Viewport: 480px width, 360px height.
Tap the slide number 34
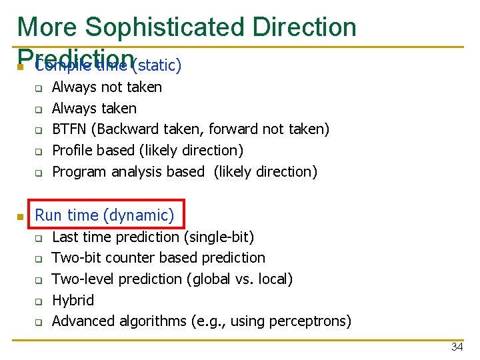point(457,347)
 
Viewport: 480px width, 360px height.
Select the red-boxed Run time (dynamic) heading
point(104,215)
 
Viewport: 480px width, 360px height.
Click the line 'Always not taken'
point(107,87)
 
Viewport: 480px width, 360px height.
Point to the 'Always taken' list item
point(94,108)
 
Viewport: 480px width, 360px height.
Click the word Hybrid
point(73,300)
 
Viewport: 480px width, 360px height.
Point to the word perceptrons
point(309,321)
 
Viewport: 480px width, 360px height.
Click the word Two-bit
point(75,257)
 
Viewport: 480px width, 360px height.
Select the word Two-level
point(80,279)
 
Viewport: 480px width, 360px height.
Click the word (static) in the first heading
point(157,65)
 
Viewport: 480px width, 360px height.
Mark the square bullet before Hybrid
point(39,301)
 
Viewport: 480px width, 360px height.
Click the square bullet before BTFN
point(39,130)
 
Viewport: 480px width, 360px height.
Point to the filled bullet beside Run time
point(21,216)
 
